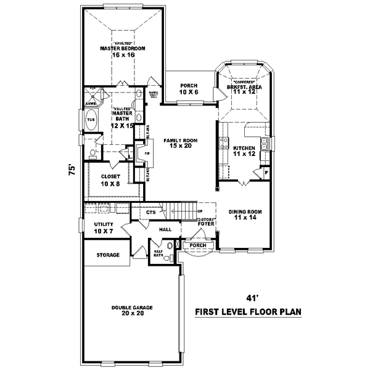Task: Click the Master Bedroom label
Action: click(123, 48)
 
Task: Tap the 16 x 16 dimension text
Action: click(123, 55)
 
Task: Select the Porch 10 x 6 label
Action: click(188, 89)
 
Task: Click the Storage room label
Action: click(107, 255)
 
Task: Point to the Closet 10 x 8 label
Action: click(111, 179)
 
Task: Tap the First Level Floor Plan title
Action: click(248, 312)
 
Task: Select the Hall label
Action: click(165, 229)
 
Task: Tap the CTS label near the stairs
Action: click(150, 213)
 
